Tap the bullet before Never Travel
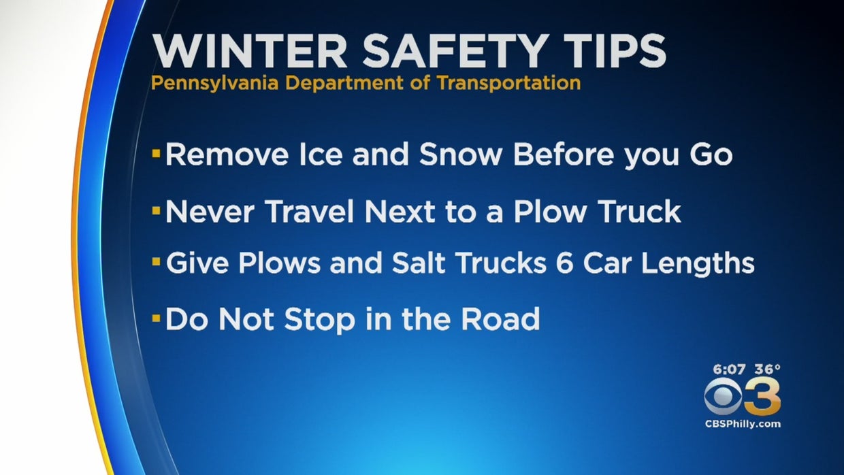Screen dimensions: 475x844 point(157,212)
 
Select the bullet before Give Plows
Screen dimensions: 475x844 point(157,262)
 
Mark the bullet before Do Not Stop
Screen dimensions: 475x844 point(157,318)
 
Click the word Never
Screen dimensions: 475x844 point(210,212)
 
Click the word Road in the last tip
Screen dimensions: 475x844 point(502,318)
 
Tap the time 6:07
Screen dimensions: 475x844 point(729,370)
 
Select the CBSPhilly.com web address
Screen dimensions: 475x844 point(743,424)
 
